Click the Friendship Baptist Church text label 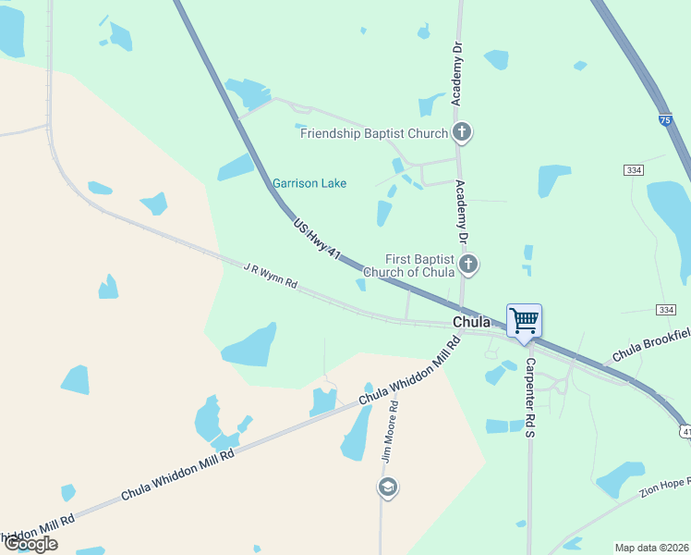pos(374,133)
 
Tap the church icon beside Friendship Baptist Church pos(463,133)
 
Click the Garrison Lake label pos(309,183)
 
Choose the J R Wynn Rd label pos(270,276)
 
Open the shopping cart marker pos(524,322)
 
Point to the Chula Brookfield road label pos(651,345)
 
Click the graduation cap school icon pos(388,487)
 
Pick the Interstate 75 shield pos(665,120)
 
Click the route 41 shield pos(685,431)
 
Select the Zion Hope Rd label pos(663,488)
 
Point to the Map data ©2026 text pos(652,548)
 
